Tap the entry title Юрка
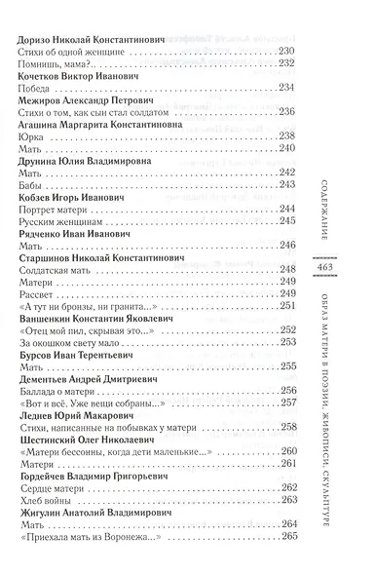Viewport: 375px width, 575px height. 31,167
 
